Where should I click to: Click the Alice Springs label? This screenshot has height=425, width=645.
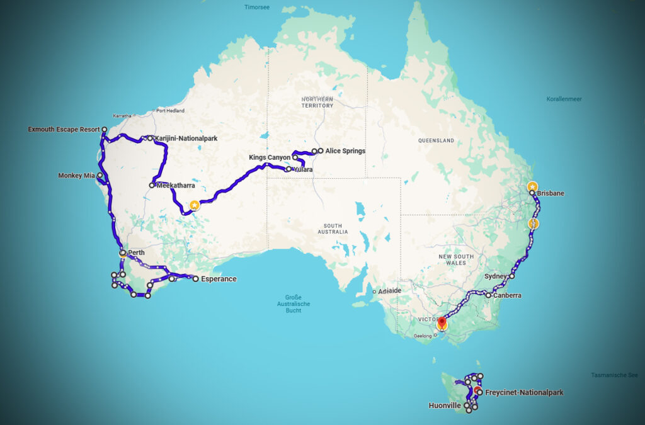coord(345,151)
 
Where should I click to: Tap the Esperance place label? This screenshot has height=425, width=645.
coord(218,279)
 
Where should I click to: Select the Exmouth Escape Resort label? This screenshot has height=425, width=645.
coord(64,130)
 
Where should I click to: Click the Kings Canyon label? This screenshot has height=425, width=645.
coord(270,157)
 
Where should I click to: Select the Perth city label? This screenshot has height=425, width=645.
coord(136,253)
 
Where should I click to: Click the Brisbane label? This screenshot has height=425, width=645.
coord(551,193)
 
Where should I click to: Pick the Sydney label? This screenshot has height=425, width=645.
coord(496,276)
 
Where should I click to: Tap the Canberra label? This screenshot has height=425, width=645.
coord(507,295)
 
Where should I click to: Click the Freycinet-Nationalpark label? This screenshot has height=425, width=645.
coord(524,393)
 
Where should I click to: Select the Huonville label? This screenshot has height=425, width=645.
coord(445,406)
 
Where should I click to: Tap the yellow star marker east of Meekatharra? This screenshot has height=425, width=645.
coord(195,205)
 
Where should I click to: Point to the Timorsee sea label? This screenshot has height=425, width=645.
coord(256,8)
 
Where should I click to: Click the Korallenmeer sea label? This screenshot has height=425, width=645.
coord(564,99)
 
